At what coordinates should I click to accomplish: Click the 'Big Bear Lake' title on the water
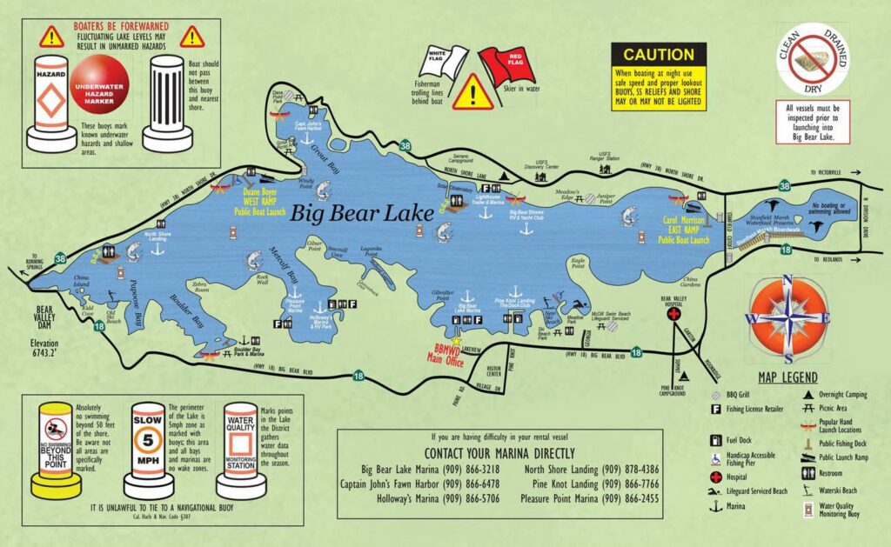(x=365, y=212)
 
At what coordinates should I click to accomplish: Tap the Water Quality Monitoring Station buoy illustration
(x=241, y=447)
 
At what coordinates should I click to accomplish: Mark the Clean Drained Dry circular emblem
(x=813, y=58)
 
